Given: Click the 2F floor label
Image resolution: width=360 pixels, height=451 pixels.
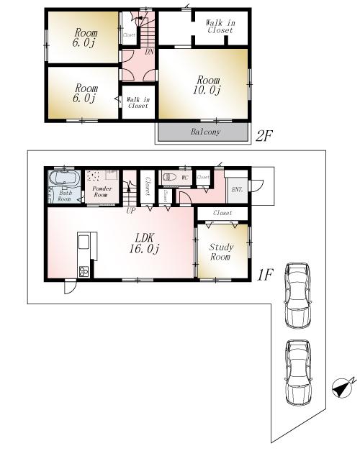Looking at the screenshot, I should click(x=264, y=135).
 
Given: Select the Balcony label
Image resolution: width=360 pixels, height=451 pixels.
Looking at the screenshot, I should click(x=205, y=132).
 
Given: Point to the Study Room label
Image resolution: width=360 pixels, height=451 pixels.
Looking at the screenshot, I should click(x=220, y=252).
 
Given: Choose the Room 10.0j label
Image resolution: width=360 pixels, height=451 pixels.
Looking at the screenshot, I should click(x=204, y=84).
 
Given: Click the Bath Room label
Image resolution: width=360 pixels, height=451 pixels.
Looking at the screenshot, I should click(x=65, y=196).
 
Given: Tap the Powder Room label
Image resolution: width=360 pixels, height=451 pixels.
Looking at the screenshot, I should click(x=100, y=191).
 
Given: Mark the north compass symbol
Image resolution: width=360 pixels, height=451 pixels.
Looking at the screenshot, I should click(x=342, y=386).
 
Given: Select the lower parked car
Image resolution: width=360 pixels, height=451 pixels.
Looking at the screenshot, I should click(x=297, y=370).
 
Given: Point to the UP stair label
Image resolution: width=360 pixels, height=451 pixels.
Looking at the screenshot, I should click(x=130, y=211).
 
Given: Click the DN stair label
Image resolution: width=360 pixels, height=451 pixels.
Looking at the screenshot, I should click(x=149, y=52).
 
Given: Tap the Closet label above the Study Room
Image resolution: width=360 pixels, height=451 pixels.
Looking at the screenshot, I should click(x=222, y=213).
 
